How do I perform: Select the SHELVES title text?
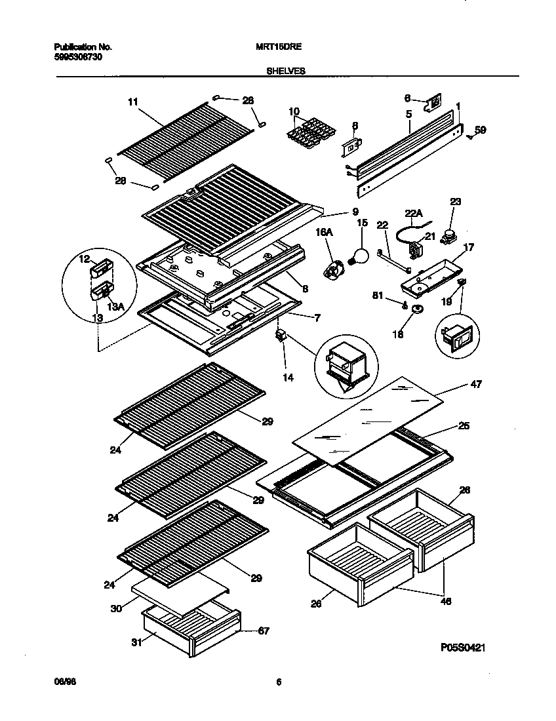point(287,70)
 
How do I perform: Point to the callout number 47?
point(476,384)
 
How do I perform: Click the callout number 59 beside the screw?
point(480,131)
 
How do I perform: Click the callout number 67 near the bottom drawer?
point(262,631)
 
